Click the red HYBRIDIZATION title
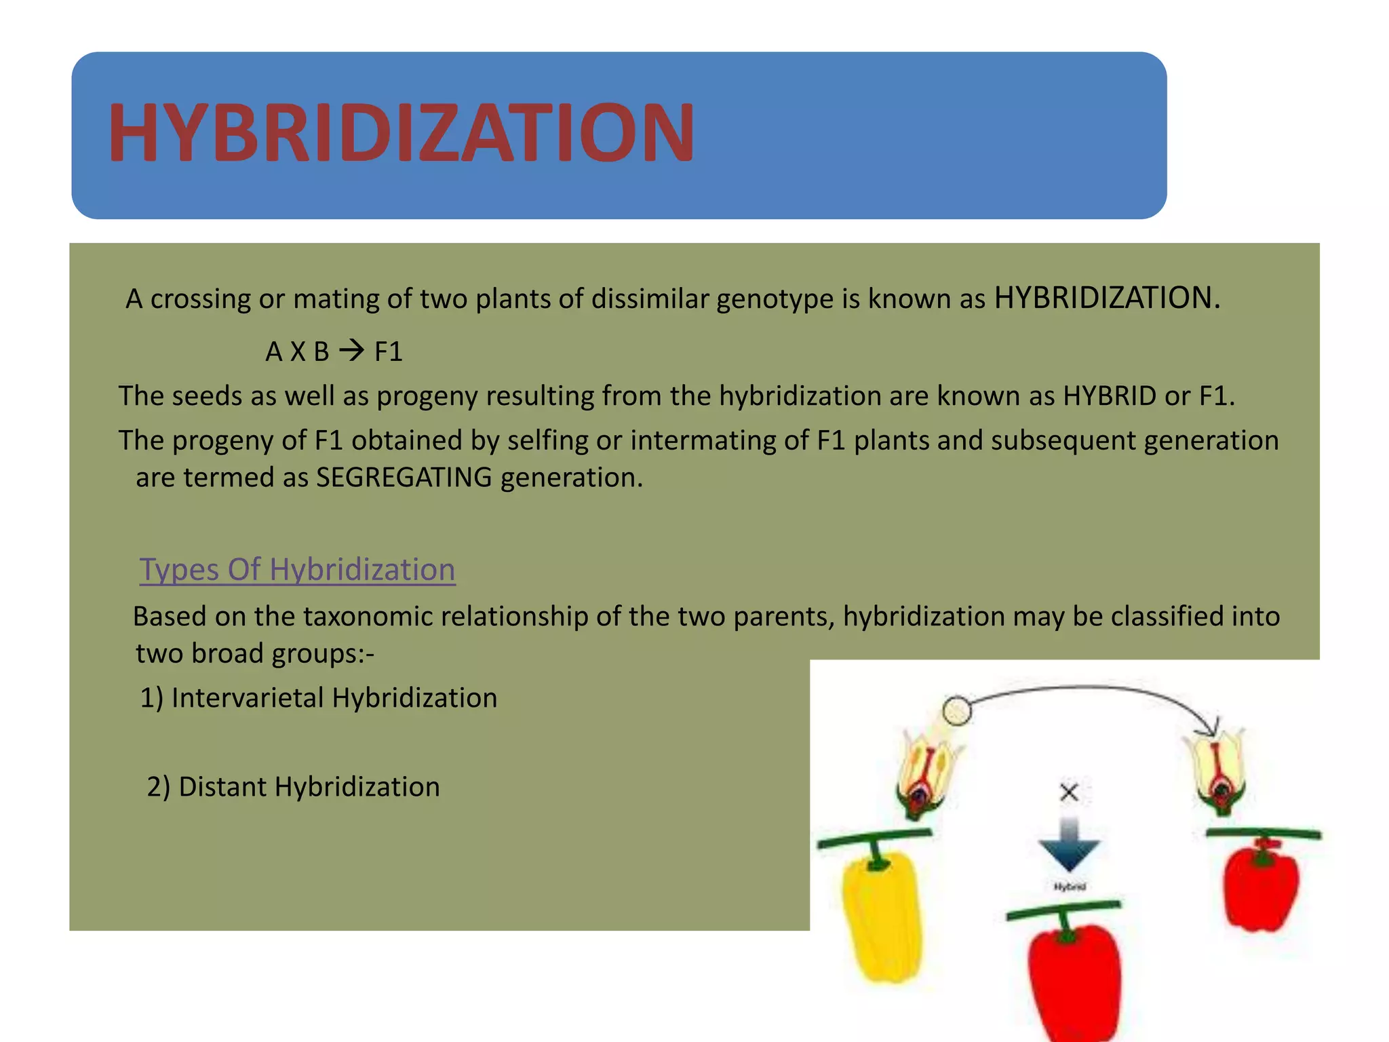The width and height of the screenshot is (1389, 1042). coord(401,133)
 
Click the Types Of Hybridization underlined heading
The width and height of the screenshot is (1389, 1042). coord(297,569)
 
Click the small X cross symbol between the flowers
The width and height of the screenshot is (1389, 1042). coord(1069,792)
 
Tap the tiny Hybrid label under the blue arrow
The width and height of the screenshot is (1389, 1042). coord(1070,887)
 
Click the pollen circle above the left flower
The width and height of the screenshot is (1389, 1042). coord(957,711)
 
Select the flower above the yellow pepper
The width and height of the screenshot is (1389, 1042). coord(926,773)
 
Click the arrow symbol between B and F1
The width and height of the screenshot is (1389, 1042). coord(351,351)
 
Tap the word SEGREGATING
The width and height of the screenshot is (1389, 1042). coord(404,478)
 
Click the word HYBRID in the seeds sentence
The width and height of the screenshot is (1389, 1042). coord(1110,396)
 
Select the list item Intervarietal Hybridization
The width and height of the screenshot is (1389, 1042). coord(319,698)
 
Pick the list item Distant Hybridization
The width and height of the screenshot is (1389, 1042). coord(294,787)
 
